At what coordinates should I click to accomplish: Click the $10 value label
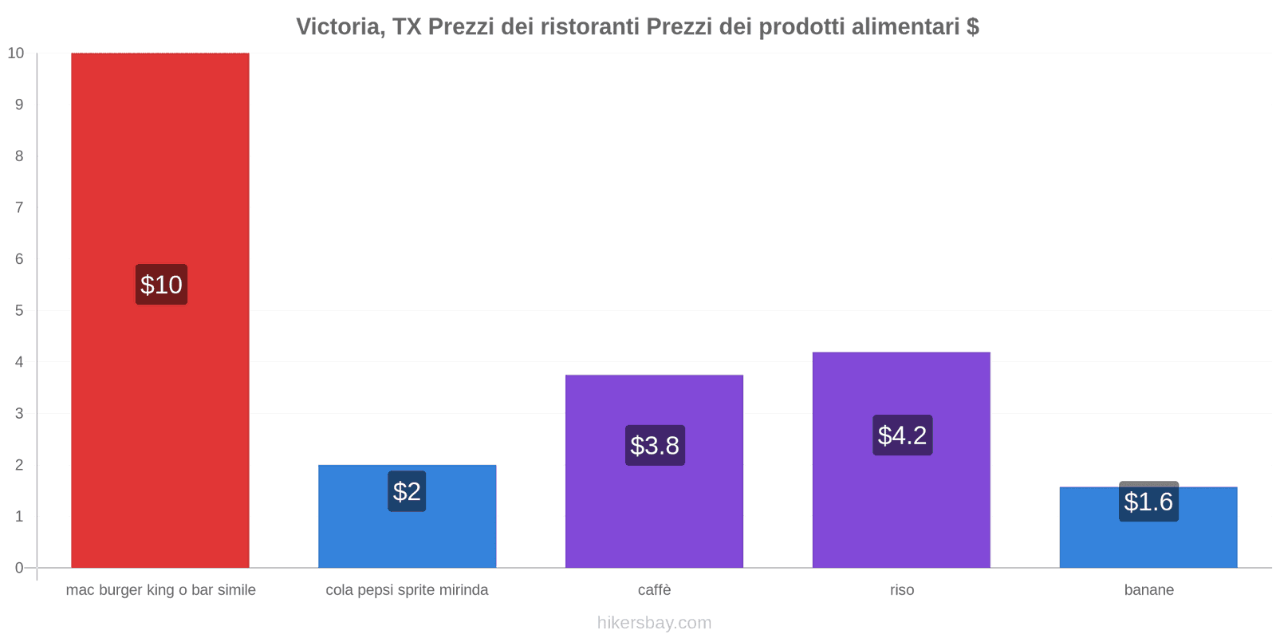161,285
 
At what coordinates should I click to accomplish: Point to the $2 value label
407,491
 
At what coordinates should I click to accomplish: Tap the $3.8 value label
655,445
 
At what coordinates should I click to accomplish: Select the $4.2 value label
902,435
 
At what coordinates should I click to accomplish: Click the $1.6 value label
1148,502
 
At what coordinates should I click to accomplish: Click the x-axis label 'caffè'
654,590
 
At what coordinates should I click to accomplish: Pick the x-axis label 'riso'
902,590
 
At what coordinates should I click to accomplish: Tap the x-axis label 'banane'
1148,590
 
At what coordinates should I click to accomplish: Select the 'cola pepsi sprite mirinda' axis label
407,590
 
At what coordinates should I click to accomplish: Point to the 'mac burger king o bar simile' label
160,590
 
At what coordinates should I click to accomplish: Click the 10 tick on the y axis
16,53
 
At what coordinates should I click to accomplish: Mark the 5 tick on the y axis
19,310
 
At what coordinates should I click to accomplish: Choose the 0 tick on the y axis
19,568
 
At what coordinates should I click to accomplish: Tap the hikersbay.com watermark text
654,623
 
